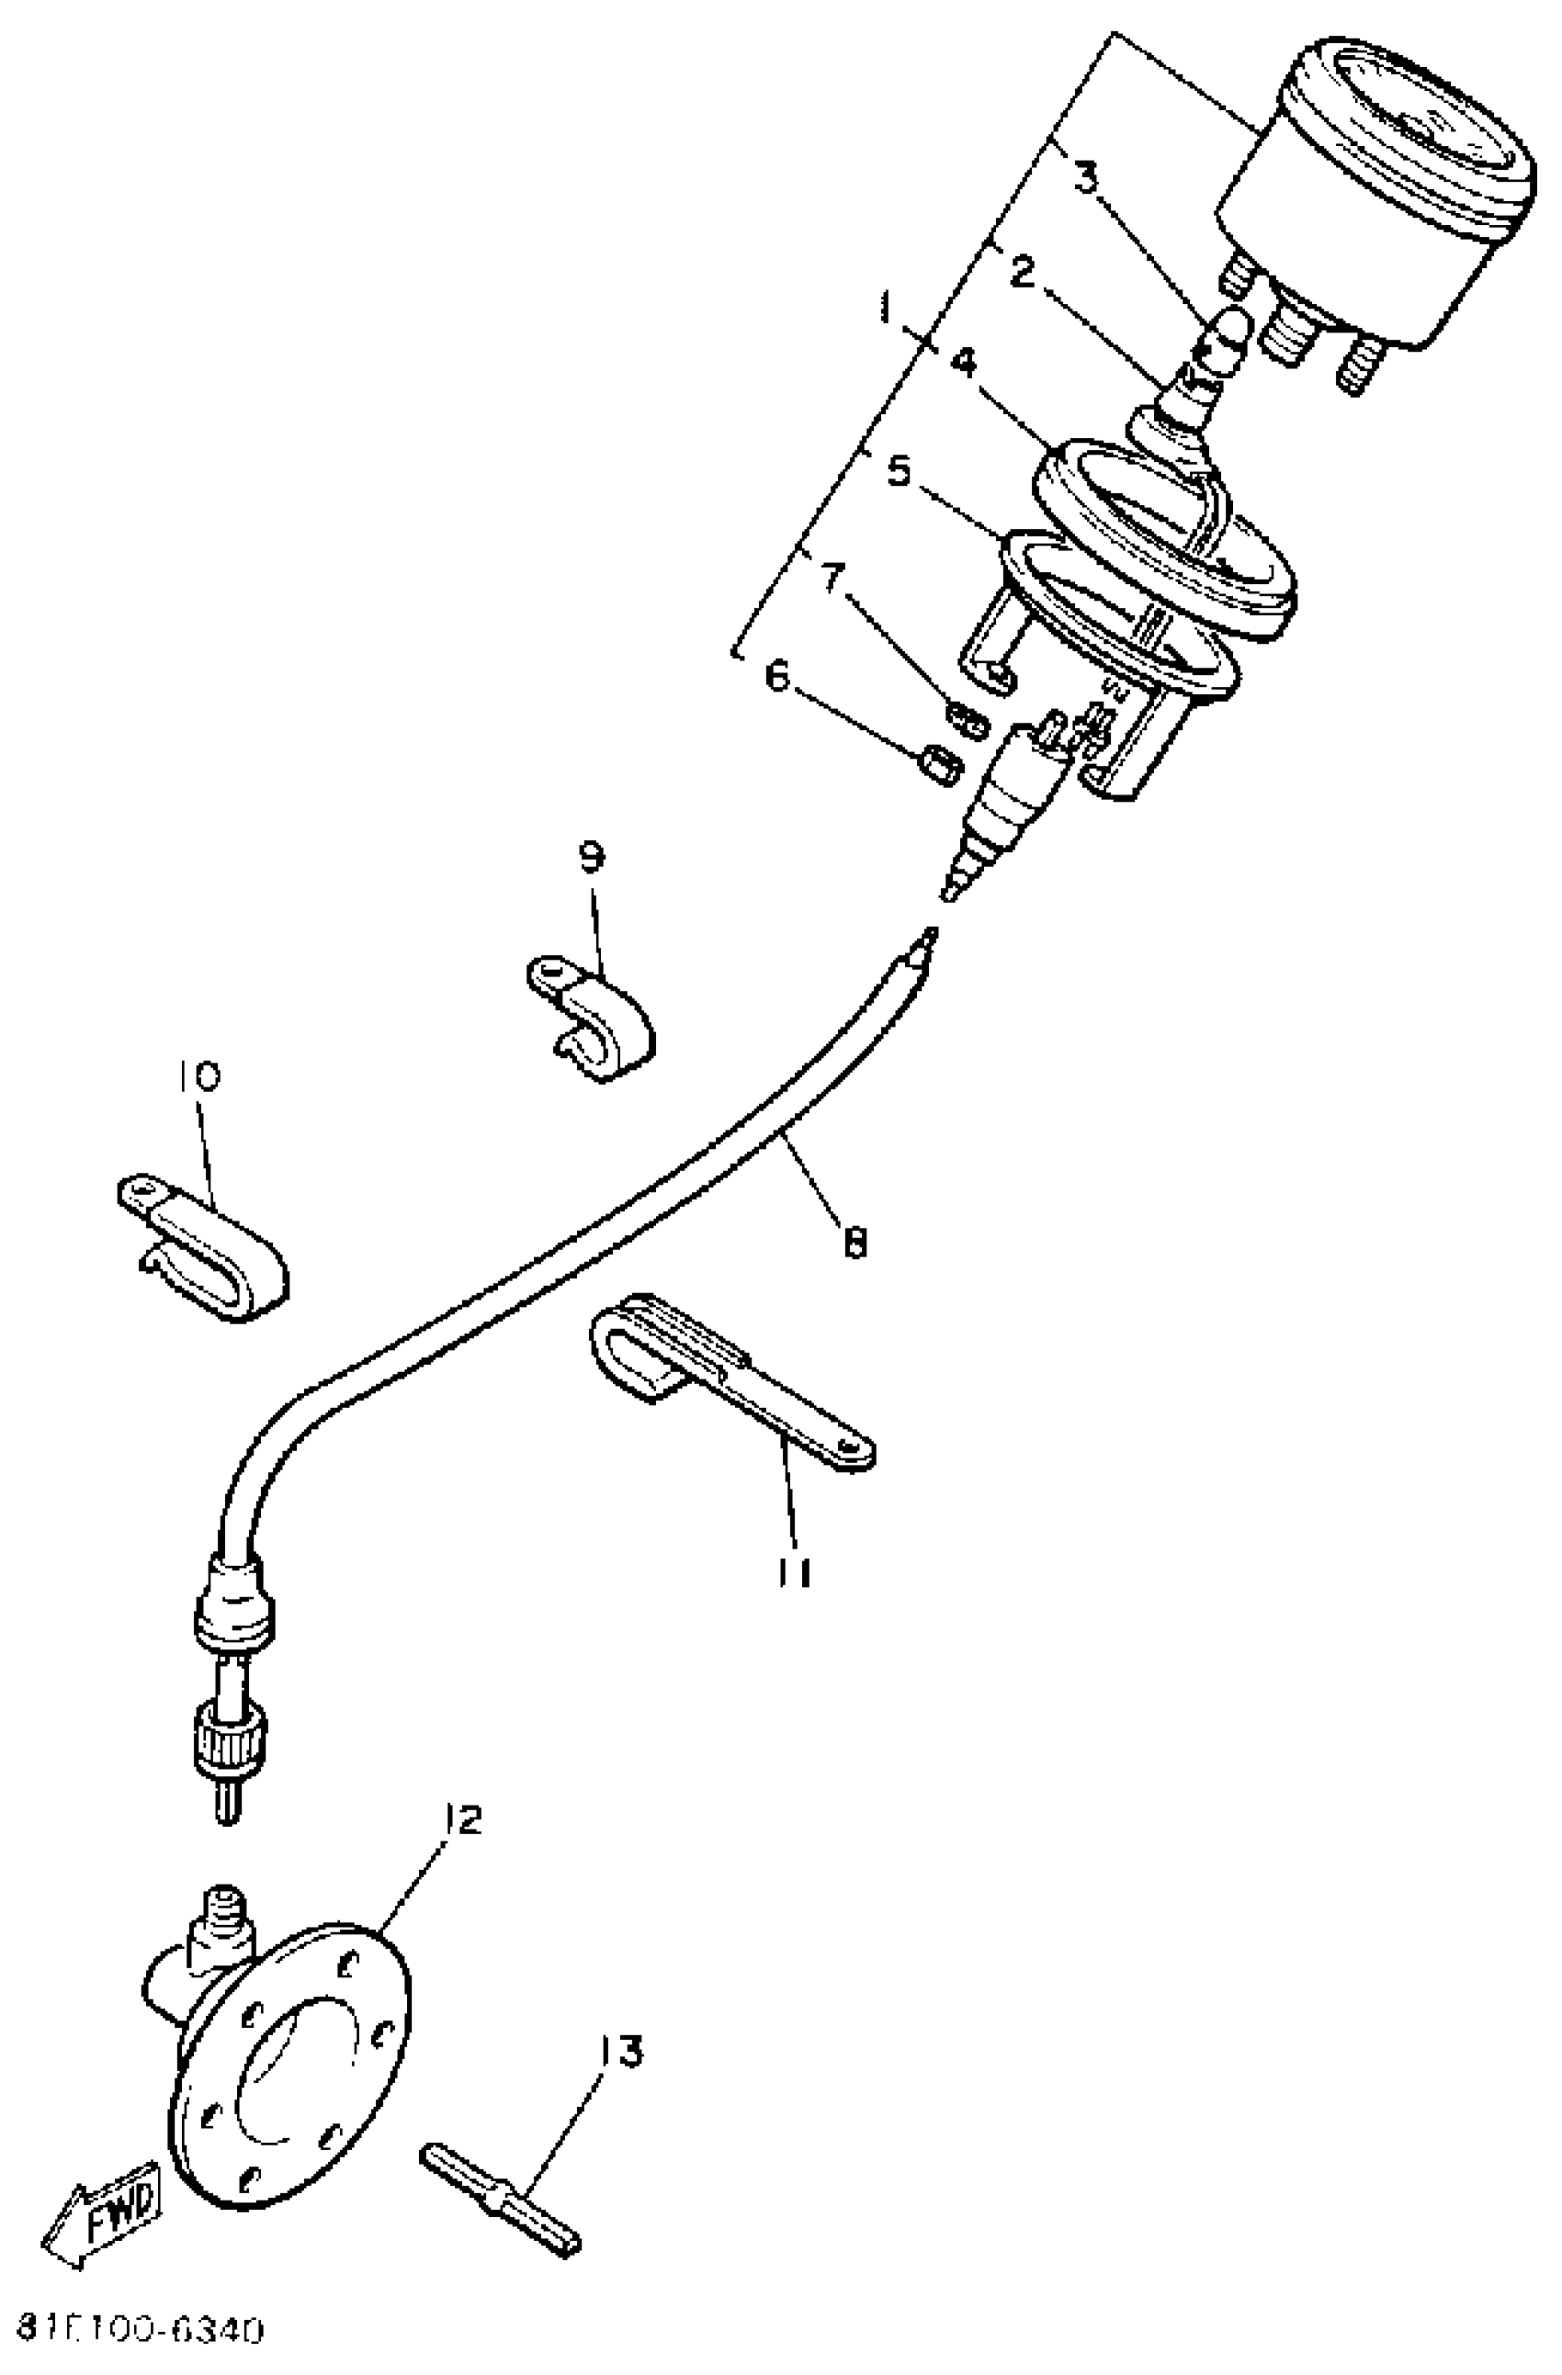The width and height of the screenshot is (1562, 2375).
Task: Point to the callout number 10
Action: (200, 1075)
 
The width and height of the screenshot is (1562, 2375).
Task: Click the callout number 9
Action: (592, 856)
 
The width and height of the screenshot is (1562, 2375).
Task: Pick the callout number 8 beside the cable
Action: (855, 1244)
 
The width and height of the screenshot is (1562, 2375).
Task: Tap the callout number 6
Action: (777, 676)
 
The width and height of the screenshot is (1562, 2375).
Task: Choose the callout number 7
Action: (832, 578)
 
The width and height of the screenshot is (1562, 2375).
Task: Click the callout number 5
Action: (900, 471)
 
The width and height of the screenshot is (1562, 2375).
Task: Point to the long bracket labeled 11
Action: (729, 1382)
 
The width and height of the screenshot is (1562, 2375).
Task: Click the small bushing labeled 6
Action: (938, 765)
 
